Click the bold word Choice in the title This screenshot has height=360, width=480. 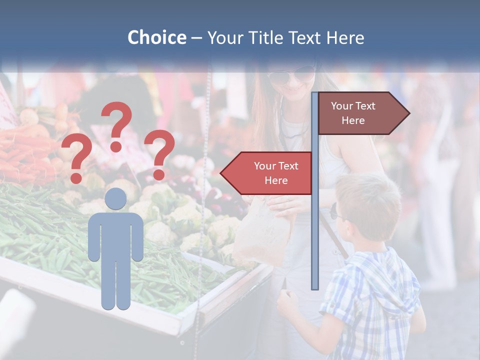click(156, 37)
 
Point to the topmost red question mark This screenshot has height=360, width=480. click(117, 125)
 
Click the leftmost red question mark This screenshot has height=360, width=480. click(76, 158)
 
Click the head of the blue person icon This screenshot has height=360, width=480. click(115, 199)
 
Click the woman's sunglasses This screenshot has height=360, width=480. click(290, 76)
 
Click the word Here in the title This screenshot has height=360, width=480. click(345, 37)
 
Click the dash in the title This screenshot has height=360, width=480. click(196, 38)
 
